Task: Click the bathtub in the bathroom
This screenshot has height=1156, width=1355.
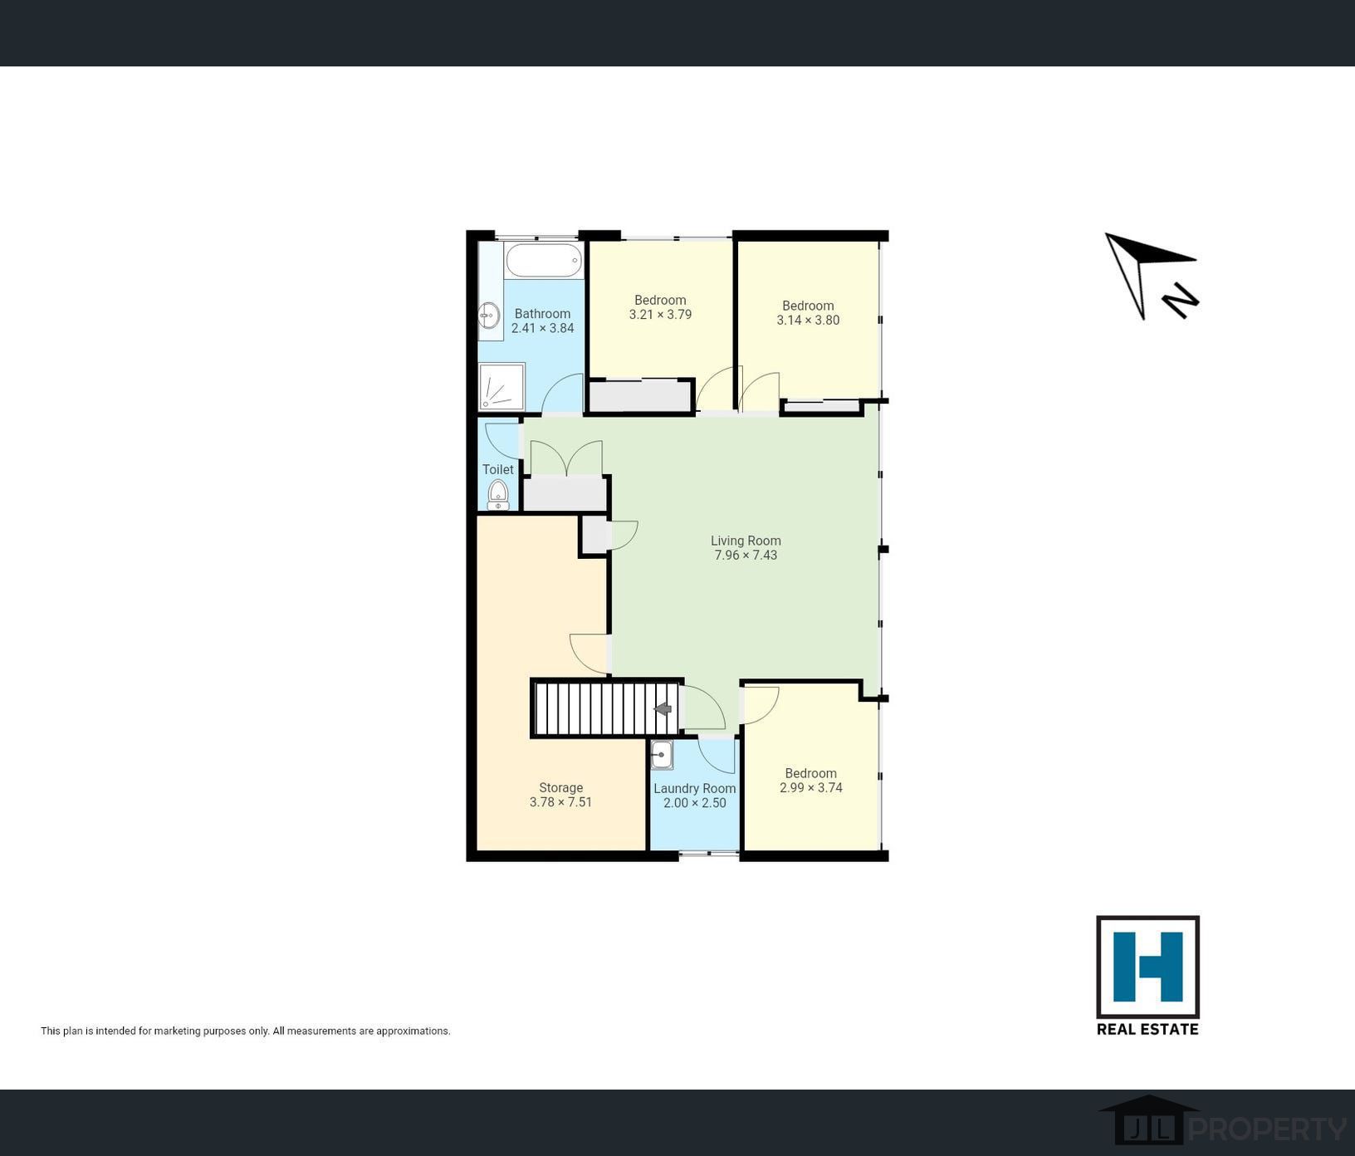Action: pyautogui.click(x=544, y=260)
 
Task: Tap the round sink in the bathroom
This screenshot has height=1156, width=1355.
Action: pyautogui.click(x=489, y=316)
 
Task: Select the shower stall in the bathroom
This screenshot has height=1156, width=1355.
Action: pyautogui.click(x=501, y=386)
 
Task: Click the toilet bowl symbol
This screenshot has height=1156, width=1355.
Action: pyautogui.click(x=498, y=492)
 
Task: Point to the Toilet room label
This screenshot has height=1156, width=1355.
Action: pyautogui.click(x=498, y=469)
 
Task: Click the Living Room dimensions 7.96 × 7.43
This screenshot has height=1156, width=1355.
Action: pyautogui.click(x=746, y=555)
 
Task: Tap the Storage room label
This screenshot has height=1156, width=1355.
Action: pyautogui.click(x=560, y=787)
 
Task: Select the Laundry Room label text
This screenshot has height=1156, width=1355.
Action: pyautogui.click(x=694, y=788)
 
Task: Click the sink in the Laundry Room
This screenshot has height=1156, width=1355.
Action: pyautogui.click(x=662, y=755)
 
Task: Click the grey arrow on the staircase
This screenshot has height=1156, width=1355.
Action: pyautogui.click(x=663, y=709)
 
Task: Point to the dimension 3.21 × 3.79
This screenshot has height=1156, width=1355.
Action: pyautogui.click(x=660, y=315)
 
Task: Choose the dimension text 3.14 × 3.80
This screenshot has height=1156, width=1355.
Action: pyautogui.click(x=808, y=320)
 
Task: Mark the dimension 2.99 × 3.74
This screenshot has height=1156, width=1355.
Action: pyautogui.click(x=810, y=787)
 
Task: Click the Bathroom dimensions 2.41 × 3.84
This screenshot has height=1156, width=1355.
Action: pyautogui.click(x=542, y=328)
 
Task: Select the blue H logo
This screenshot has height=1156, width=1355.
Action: pyautogui.click(x=1147, y=967)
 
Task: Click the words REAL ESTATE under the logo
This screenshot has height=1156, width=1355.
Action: pyautogui.click(x=1147, y=1029)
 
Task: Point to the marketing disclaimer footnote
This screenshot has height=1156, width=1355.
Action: pyautogui.click(x=246, y=1031)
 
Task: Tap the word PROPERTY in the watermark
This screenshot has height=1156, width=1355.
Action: pyautogui.click(x=1268, y=1129)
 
